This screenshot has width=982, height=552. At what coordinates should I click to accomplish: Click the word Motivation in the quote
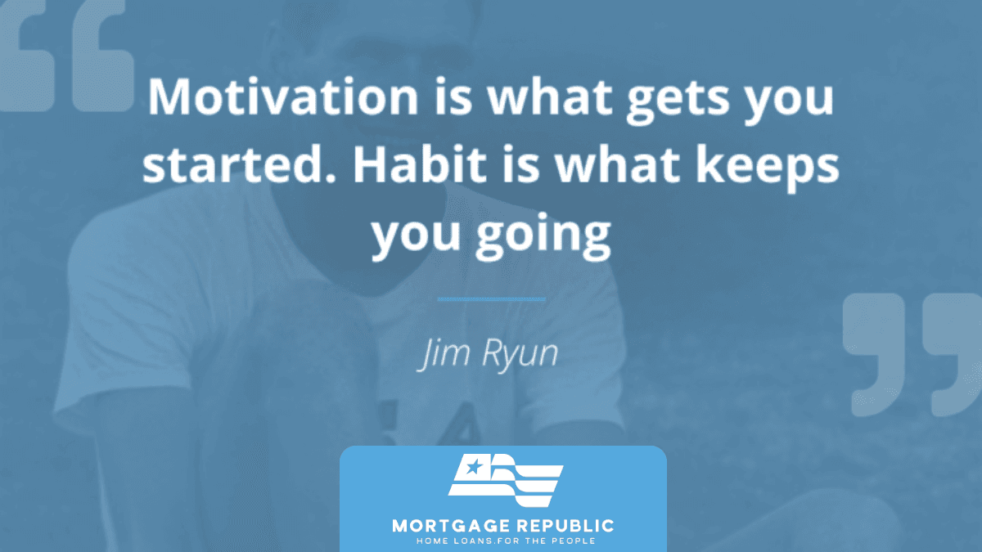283,96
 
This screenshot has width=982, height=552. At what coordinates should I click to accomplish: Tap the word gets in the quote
678,101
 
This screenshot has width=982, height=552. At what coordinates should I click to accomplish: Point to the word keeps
768,168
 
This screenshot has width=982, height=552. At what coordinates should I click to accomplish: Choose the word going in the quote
543,236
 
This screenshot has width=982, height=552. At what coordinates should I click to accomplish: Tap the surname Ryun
520,356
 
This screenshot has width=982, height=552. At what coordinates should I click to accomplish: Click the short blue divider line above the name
492,299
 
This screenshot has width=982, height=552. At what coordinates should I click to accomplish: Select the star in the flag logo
474,467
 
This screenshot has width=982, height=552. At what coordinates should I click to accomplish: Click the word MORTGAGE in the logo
451,526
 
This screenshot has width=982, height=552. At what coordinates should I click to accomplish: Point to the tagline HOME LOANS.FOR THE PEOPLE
506,541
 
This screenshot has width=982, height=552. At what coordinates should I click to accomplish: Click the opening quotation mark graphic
65,57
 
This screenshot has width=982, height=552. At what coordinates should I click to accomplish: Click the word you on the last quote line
416,236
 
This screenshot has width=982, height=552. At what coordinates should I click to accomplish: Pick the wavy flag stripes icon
506,481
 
